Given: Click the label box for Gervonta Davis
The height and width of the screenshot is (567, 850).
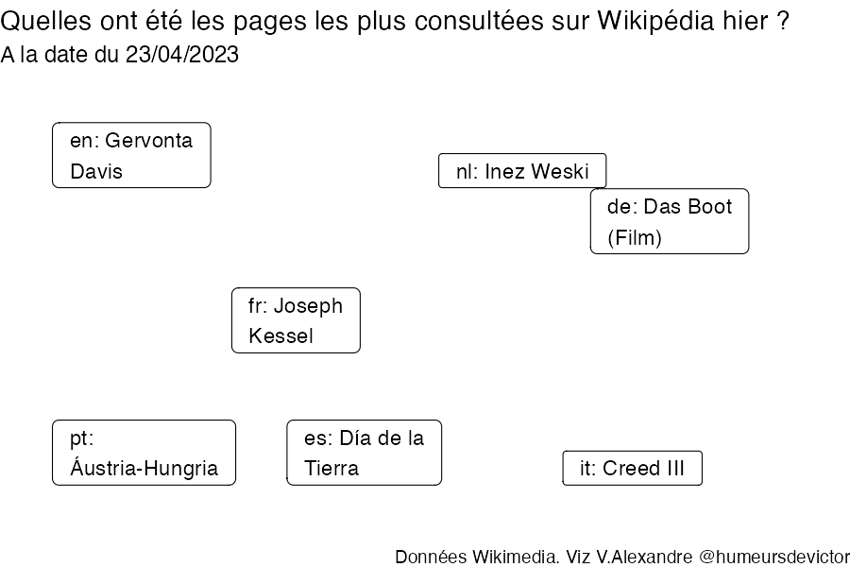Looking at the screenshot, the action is click(131, 155).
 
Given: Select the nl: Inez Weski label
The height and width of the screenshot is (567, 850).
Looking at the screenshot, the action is click(522, 171).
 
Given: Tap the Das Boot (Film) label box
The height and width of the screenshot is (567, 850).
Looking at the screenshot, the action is click(670, 221).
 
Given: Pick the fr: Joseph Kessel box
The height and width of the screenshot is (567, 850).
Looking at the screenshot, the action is click(296, 320).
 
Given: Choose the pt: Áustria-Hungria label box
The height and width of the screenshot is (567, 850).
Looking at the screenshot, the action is click(144, 453).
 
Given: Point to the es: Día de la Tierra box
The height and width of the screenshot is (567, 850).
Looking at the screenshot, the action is click(365, 453).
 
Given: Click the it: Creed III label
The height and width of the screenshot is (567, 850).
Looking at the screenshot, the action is click(632, 468).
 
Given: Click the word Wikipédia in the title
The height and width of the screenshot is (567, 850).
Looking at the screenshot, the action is click(656, 21).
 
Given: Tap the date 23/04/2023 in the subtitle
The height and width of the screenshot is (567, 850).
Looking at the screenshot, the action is click(182, 55).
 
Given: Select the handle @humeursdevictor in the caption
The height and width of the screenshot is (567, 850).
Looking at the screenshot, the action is click(774, 557).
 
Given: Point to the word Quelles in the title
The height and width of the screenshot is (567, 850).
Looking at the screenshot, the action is click(45, 21).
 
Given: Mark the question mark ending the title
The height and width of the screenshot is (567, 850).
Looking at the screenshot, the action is click(782, 21).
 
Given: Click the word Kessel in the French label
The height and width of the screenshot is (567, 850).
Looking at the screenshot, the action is click(280, 335).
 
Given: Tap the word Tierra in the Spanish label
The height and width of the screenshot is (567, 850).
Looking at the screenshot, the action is click(331, 469).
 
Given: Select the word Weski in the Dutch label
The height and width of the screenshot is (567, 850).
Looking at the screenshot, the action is click(560, 171).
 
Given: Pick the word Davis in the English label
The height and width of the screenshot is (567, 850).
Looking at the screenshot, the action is click(96, 171).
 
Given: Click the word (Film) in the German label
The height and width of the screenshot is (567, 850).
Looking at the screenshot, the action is click(635, 237).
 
